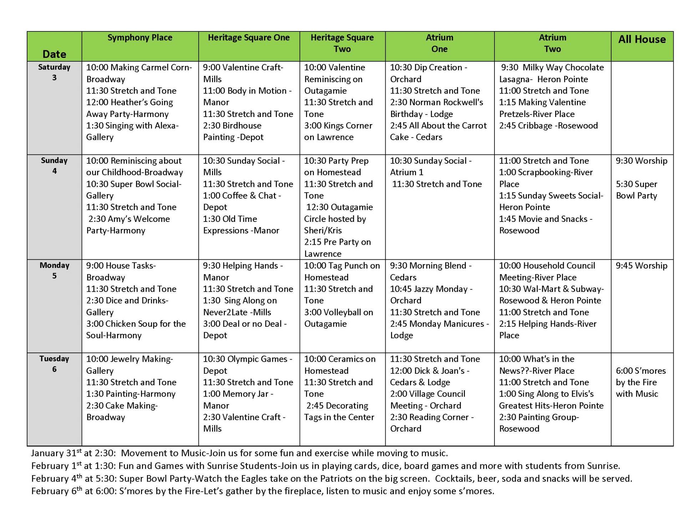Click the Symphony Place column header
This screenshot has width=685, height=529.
[x=140, y=38]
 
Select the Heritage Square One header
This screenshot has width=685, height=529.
[x=249, y=38]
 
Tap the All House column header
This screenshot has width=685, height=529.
[x=642, y=40]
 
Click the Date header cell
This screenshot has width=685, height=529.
[x=54, y=54]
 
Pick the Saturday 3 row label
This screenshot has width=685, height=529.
[x=54, y=72]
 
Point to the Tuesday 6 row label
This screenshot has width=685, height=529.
[x=54, y=364]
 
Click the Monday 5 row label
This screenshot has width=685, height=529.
[x=54, y=270]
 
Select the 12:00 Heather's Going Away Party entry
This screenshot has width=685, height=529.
[x=129, y=108]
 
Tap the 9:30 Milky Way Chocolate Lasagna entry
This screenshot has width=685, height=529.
[x=551, y=73]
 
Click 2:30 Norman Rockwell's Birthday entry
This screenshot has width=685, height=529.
[x=436, y=108]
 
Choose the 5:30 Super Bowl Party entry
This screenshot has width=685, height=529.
[x=636, y=190]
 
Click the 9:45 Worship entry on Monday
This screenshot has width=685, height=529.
[x=641, y=266]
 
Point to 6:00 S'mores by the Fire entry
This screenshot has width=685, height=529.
[x=640, y=382]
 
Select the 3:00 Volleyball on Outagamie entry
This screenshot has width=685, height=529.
[x=338, y=318]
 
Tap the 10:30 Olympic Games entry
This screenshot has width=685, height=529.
[x=247, y=365]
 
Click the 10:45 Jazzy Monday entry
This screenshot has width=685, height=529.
[x=431, y=295]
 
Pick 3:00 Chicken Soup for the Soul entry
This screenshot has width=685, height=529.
[x=136, y=330]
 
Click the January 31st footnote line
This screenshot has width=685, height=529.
[x=239, y=453]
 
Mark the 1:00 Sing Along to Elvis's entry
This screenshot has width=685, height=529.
[x=551, y=400]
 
